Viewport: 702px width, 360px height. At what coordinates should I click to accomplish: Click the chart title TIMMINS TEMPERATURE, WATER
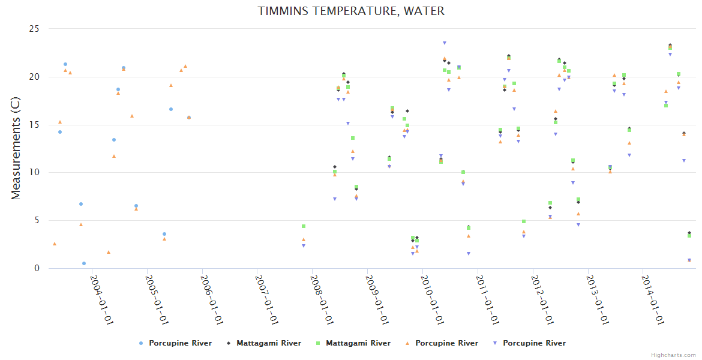(351, 11)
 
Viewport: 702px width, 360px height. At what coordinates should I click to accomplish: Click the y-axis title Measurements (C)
(16, 148)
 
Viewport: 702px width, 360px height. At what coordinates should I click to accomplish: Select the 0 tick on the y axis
(37, 268)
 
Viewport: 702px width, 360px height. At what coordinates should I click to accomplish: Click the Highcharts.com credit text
(673, 355)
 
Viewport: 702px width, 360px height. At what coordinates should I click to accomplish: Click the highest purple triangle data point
(445, 43)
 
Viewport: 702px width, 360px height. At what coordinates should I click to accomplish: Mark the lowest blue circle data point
(84, 263)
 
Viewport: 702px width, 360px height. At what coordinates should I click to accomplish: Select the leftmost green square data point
(304, 226)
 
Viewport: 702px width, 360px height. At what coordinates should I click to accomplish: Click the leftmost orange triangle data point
(55, 244)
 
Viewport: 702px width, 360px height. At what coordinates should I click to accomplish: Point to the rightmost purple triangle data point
(689, 260)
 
